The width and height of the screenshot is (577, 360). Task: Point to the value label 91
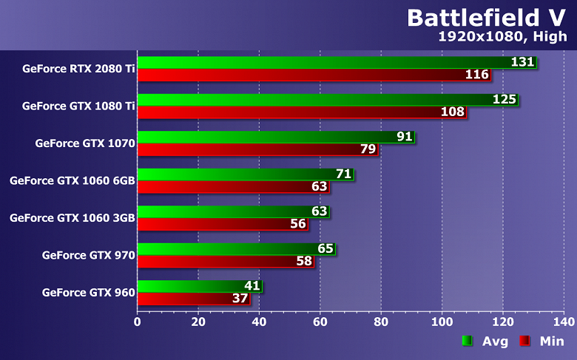[405, 137]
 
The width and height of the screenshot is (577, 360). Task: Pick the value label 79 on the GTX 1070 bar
[368, 149]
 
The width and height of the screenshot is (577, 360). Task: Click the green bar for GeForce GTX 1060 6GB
[245, 174]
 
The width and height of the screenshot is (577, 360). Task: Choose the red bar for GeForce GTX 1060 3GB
[223, 224]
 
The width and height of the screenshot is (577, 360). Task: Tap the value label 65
[325, 248]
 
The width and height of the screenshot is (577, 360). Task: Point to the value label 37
[241, 298]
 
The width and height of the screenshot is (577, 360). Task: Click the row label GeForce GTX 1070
[84, 143]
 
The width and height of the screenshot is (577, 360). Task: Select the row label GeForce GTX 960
[88, 293]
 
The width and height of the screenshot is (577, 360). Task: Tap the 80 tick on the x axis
[381, 322]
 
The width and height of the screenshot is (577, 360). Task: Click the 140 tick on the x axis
[564, 322]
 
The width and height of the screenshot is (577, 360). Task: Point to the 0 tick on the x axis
[138, 322]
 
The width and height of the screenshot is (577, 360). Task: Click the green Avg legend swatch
[467, 341]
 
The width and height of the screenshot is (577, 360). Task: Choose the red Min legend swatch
[524, 341]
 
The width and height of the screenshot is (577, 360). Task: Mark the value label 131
[523, 62]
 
